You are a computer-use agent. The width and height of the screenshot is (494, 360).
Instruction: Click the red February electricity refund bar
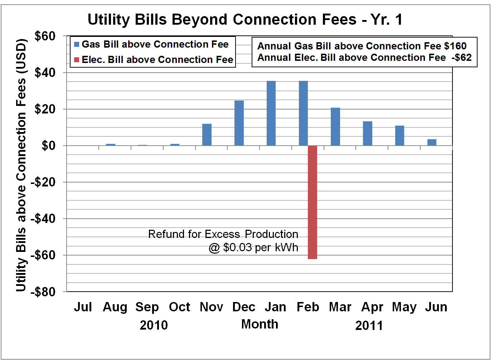pyautogui.click(x=312, y=202)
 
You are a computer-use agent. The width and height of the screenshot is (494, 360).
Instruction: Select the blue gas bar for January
pyautogui.click(x=271, y=113)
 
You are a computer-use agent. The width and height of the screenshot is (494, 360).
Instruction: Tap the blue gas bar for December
pyautogui.click(x=239, y=123)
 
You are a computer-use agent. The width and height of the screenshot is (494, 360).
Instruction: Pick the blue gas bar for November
pyautogui.click(x=207, y=135)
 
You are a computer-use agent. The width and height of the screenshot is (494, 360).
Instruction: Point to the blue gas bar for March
pyautogui.click(x=335, y=127)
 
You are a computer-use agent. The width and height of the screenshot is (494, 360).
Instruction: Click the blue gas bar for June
pyautogui.click(x=432, y=142)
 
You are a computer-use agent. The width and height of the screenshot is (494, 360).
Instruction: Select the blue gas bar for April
pyautogui.click(x=368, y=133)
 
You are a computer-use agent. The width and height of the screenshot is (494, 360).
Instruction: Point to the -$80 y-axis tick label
pyautogui.click(x=43, y=292)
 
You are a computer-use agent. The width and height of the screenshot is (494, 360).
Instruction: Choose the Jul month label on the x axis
pyautogui.click(x=83, y=307)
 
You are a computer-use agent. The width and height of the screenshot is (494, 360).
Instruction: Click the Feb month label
pyautogui.click(x=308, y=307)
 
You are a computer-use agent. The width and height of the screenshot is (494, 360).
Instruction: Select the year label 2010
pyautogui.click(x=154, y=325)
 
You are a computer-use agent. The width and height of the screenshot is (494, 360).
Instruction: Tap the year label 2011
pyautogui.click(x=369, y=326)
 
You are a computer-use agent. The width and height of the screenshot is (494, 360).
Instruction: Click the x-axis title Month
pyautogui.click(x=260, y=324)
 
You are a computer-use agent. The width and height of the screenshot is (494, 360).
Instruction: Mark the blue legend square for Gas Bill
pyautogui.click(x=77, y=45)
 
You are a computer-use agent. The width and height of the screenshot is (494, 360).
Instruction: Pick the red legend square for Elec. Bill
pyautogui.click(x=77, y=60)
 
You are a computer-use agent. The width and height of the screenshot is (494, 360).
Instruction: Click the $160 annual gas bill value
pyautogui.click(x=455, y=46)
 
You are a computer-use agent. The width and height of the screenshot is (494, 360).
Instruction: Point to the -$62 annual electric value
pyautogui.click(x=461, y=58)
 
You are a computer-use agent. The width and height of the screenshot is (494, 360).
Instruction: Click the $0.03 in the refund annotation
pyautogui.click(x=237, y=248)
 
